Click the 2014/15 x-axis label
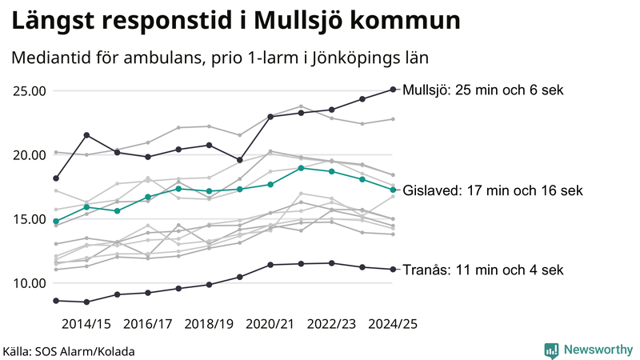86,324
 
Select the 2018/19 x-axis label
209,324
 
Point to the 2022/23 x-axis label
331,324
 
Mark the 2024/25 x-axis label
392,324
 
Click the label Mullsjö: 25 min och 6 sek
484,90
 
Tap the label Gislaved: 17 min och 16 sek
493,190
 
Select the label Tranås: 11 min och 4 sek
483,270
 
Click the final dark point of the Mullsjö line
393,90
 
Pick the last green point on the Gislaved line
393,190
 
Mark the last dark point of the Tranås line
393,269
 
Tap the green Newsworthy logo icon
551,350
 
